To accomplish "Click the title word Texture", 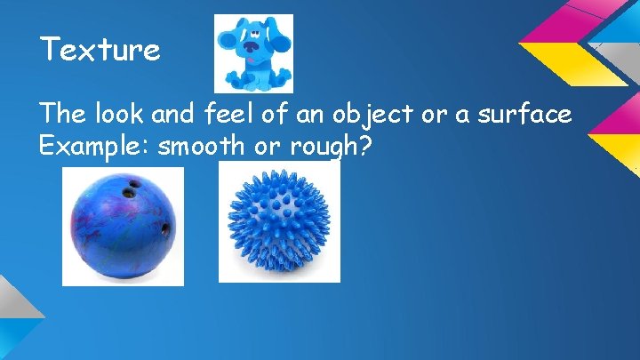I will (100, 50).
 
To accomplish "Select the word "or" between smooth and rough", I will (268, 147).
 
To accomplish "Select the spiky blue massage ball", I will (278, 226).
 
